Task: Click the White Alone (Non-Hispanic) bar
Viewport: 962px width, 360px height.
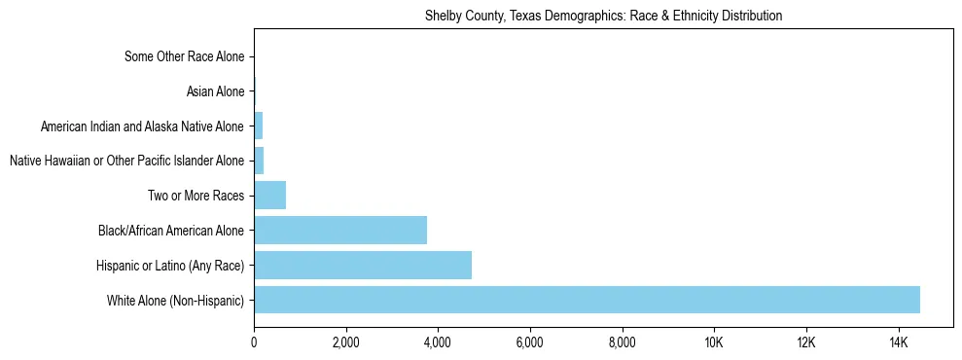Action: [x=587, y=300]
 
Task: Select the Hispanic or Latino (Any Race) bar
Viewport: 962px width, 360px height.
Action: [x=363, y=265]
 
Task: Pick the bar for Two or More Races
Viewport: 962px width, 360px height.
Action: [x=269, y=196]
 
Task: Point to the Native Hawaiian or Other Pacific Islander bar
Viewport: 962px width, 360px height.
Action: [x=259, y=161]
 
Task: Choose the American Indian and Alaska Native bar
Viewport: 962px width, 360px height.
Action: [x=258, y=126]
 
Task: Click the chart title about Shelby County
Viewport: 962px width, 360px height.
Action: [x=603, y=17]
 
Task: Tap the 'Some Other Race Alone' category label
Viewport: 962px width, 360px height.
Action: [x=185, y=57]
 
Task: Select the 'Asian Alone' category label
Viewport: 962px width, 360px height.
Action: [x=215, y=92]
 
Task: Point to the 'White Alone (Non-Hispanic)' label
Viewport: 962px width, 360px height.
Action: [x=175, y=301]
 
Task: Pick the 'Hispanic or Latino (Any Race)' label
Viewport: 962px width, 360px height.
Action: [x=170, y=266]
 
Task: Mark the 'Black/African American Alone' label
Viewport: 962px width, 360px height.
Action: [x=171, y=231]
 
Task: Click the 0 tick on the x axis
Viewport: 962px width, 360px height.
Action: [x=254, y=342]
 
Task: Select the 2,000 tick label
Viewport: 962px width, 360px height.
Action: [x=346, y=342]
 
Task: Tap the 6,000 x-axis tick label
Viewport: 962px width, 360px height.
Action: [x=530, y=342]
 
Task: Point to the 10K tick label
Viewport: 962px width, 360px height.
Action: [x=714, y=342]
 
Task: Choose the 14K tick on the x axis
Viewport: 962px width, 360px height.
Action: [x=898, y=342]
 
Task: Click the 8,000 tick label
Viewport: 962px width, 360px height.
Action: [x=622, y=342]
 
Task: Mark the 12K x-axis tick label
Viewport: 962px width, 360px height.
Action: [x=805, y=342]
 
